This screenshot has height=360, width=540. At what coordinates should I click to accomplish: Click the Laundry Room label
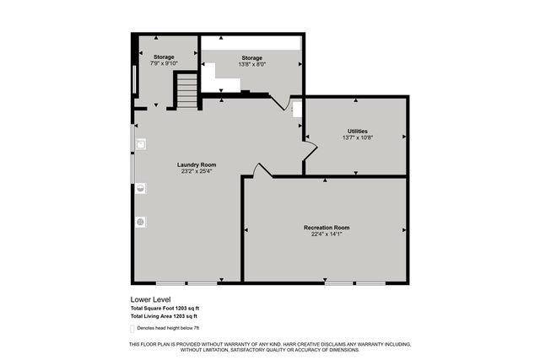tap(196, 164)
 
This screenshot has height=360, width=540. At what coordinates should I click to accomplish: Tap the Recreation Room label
tap(327, 228)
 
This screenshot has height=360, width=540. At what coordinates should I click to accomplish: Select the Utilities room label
tap(358, 131)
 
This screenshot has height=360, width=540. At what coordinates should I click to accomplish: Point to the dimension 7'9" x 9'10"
tap(164, 63)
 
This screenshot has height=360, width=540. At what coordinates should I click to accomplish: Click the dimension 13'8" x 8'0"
tap(251, 64)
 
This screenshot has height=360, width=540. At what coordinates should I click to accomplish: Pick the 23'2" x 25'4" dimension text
tap(196, 171)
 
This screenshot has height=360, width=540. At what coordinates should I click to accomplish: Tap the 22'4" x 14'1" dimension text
tap(327, 234)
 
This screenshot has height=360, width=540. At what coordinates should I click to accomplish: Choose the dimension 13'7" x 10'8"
tap(358, 137)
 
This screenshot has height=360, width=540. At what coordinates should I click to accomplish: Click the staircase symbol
tap(186, 91)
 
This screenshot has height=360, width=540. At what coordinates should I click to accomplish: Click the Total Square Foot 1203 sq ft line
tap(165, 308)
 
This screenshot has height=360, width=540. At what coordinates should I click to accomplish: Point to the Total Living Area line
tap(165, 315)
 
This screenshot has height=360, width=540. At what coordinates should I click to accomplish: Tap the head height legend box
tap(133, 327)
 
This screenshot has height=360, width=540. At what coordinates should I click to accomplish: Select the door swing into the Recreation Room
tap(262, 170)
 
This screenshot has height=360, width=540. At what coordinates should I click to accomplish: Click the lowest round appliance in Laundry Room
tap(140, 222)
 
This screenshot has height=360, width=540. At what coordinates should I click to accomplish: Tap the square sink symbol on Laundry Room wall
tap(140, 143)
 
